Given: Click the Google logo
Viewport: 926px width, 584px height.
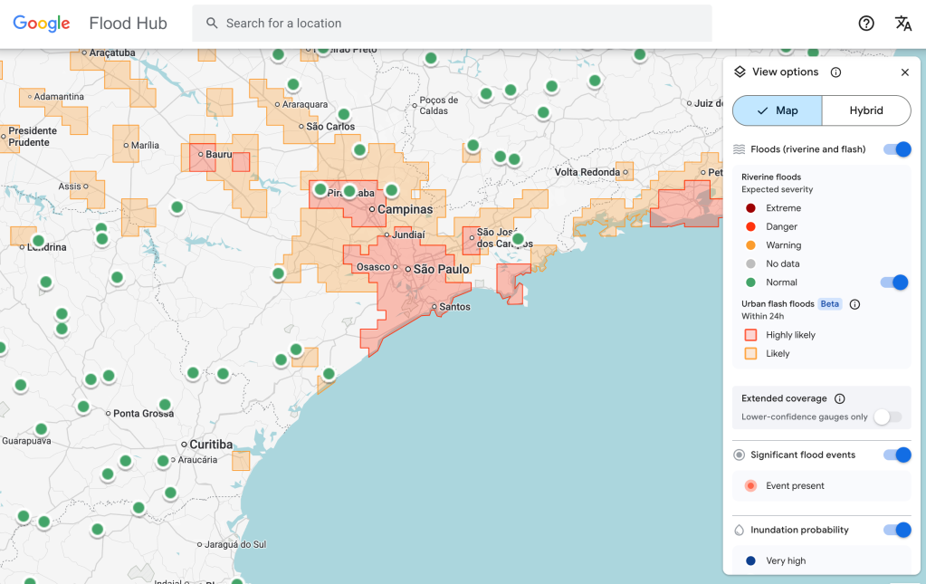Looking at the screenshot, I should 42,24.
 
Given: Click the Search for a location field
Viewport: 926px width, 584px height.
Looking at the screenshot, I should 453,24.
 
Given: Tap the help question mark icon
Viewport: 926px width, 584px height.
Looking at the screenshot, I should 866,24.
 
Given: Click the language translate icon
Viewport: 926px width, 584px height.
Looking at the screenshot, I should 902,24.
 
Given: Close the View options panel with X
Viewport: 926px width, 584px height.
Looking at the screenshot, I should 904,72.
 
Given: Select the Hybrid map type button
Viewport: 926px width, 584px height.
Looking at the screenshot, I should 865,110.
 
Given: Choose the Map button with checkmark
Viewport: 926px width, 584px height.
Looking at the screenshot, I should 778,110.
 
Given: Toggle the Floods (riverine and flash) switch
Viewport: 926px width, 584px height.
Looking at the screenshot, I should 897,149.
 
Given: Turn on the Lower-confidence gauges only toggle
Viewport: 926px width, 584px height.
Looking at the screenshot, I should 887,416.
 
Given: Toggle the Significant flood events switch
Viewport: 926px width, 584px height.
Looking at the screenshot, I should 897,455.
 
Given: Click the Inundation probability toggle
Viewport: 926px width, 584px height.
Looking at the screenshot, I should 897,530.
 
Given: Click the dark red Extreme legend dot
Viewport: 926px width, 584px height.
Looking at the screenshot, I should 750,208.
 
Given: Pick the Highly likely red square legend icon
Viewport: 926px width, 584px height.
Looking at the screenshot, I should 750,335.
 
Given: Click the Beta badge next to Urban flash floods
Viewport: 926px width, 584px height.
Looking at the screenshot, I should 830,304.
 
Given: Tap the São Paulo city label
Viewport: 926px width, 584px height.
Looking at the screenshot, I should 441,270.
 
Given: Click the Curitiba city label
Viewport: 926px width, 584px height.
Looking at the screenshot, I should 211,445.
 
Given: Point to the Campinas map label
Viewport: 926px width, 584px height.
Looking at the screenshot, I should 405,209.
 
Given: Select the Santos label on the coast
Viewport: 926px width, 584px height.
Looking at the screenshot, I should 454,307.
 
